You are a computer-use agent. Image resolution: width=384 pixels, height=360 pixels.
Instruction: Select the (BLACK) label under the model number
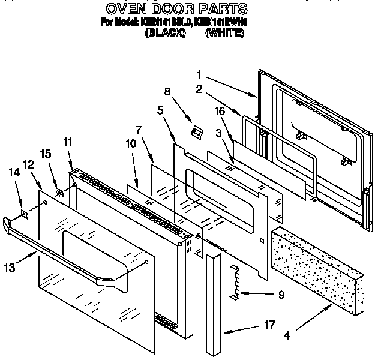pos(164,34)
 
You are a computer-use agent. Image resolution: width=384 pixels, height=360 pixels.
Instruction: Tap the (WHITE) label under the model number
pos(224,34)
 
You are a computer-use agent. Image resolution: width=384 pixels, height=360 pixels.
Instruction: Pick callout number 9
pos(281,295)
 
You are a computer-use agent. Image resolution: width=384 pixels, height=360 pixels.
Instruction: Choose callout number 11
pos(67,142)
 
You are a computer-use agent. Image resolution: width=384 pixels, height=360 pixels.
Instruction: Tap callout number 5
pos(160,110)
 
